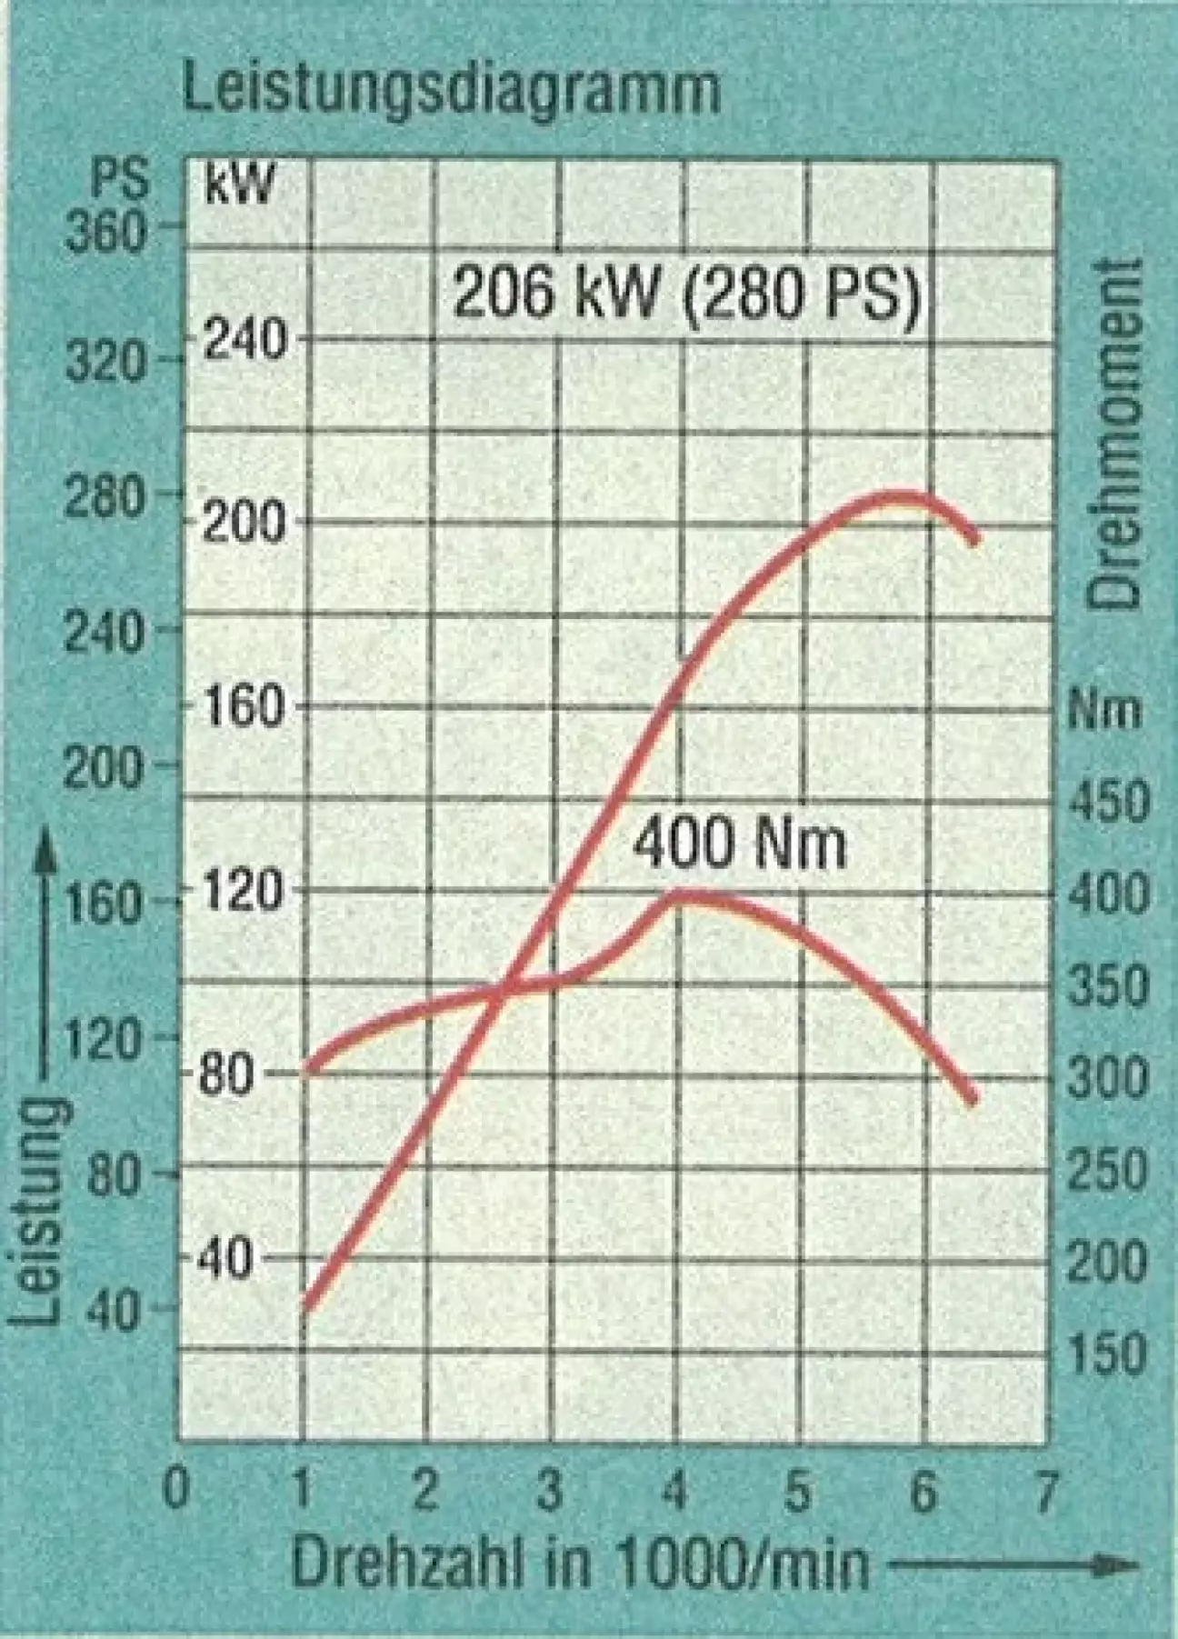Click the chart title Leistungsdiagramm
tap(452, 90)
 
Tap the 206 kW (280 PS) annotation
tap(686, 293)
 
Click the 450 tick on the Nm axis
tap(1107, 802)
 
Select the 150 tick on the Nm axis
tap(1107, 1354)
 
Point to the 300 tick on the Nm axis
tap(1107, 1078)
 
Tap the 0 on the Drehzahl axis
tap(176, 1488)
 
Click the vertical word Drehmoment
tap(1115, 434)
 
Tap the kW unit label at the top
tap(238, 184)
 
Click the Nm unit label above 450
tap(1103, 708)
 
